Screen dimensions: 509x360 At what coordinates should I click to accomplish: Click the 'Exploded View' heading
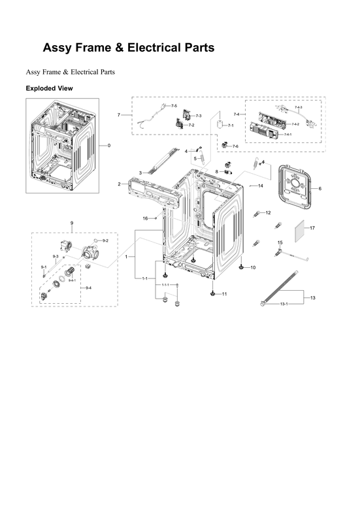point(49,88)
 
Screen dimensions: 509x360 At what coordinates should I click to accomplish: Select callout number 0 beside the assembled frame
point(109,145)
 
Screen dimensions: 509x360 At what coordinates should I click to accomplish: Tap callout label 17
point(312,228)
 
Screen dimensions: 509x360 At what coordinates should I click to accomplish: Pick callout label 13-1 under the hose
point(284,304)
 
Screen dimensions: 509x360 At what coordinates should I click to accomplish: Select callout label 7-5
point(174,106)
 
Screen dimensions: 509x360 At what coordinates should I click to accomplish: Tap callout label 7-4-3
point(298,107)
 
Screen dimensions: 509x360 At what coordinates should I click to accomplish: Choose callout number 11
point(224,294)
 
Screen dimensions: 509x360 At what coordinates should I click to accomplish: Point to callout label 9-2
point(105,241)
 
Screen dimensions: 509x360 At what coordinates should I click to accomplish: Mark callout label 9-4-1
point(72,280)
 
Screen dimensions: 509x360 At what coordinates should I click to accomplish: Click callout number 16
point(146,218)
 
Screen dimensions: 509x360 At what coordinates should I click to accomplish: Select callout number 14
point(260,186)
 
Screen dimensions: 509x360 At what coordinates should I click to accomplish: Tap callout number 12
point(268,212)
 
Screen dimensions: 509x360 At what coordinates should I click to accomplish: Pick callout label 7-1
point(231,125)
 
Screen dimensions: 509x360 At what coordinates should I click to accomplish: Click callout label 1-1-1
point(165,285)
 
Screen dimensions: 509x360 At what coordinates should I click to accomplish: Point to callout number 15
point(280,242)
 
